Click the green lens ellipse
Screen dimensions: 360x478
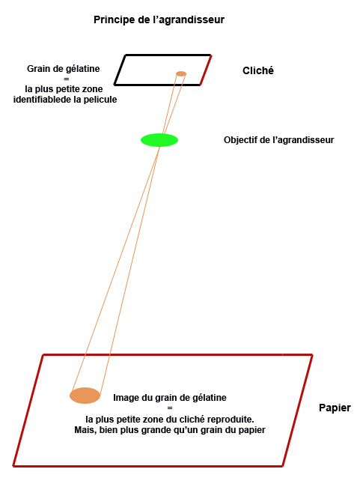159,140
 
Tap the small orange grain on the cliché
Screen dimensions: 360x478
181,73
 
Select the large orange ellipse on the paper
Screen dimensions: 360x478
85,396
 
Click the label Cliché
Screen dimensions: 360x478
258,70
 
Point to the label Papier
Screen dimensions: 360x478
335,408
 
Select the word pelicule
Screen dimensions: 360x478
100,100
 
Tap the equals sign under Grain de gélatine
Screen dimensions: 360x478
67,79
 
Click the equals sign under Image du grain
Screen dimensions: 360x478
170,408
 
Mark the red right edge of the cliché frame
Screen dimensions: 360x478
206,70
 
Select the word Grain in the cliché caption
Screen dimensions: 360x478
37,69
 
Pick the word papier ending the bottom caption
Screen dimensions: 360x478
252,431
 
